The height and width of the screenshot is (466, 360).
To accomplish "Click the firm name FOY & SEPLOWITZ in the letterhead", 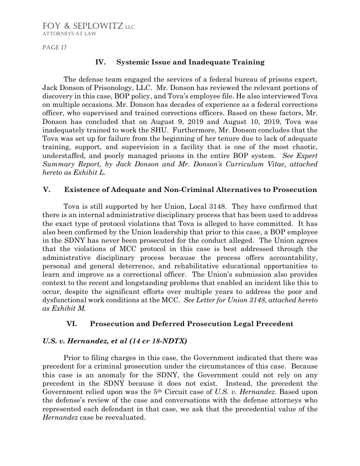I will point(82,26).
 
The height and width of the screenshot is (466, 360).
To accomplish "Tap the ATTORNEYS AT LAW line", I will point(69,34).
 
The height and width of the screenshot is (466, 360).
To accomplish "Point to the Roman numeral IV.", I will point(101,62).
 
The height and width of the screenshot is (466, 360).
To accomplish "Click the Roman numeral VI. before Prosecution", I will point(72,324).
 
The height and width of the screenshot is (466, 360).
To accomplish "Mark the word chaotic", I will point(303,147).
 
